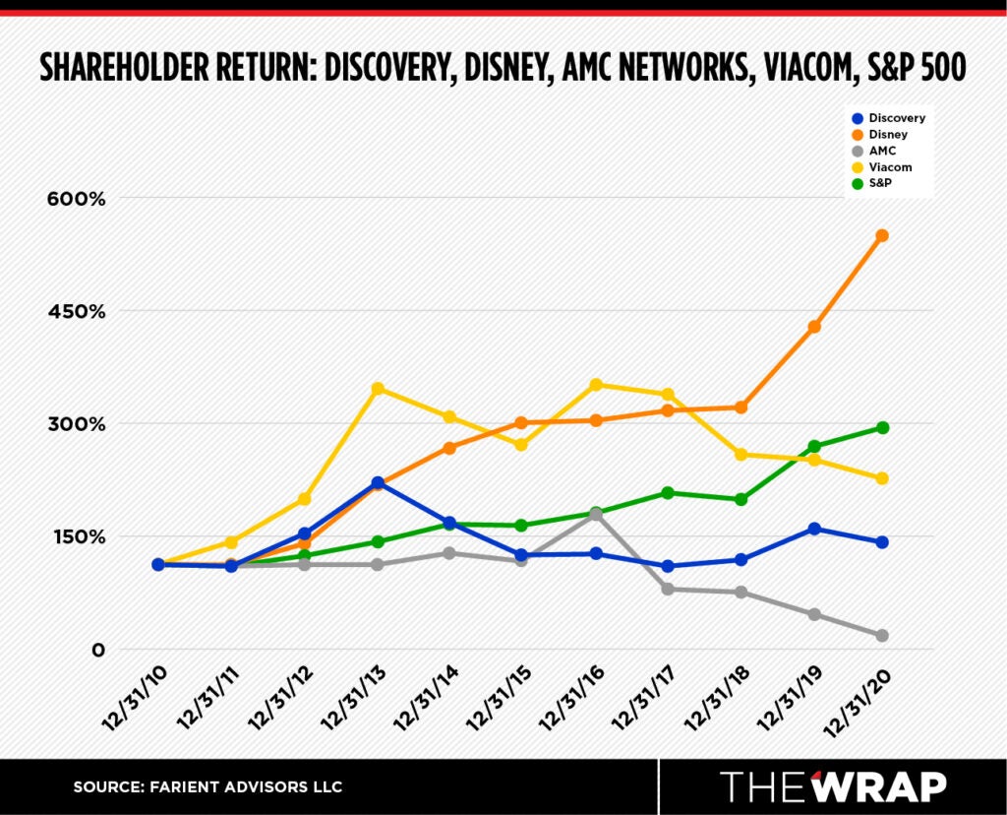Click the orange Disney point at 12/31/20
(x=882, y=235)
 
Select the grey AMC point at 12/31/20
(x=882, y=636)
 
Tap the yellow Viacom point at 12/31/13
(x=378, y=389)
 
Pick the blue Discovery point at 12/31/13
(x=378, y=482)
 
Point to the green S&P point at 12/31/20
(x=882, y=427)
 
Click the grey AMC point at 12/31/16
(x=596, y=514)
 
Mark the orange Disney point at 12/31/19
(x=814, y=326)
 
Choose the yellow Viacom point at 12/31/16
(x=596, y=385)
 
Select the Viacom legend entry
(x=890, y=167)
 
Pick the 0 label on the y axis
(x=98, y=650)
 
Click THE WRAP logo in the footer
(x=833, y=786)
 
